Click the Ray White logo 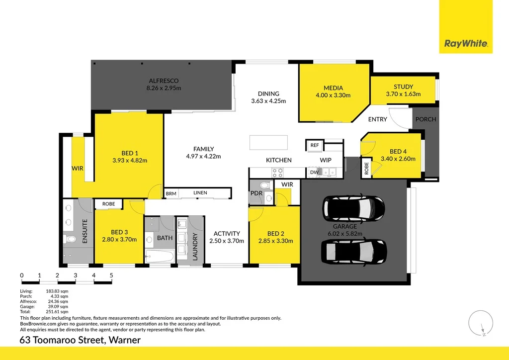[466, 43]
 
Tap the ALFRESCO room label [164, 81]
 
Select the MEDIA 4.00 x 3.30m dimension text [333, 95]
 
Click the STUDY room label [403, 87]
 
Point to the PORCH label [425, 119]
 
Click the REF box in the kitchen [314, 145]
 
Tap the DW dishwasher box [314, 173]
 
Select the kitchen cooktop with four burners [277, 173]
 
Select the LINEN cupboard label [200, 193]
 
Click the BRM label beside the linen [171, 193]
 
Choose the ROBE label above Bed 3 [108, 204]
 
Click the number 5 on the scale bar [111, 275]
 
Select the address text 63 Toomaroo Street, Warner [80, 340]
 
